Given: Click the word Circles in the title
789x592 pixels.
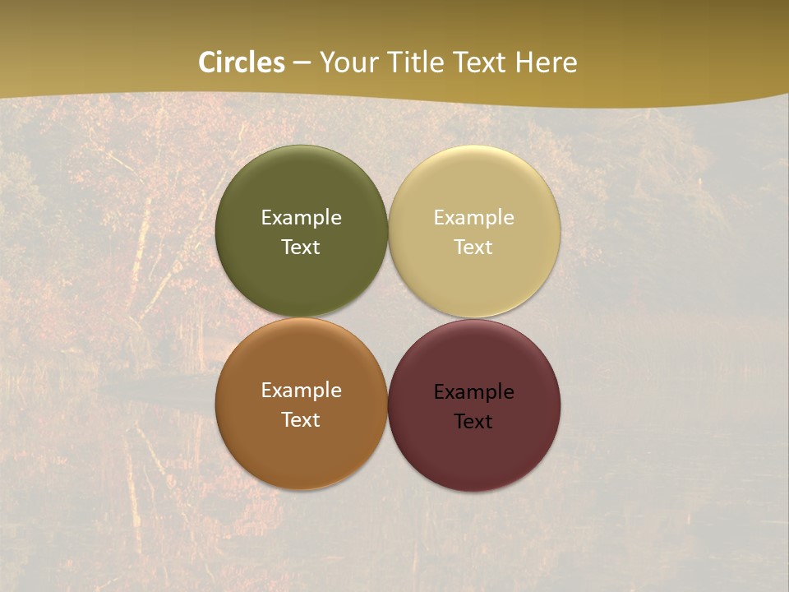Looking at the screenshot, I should click(x=242, y=62).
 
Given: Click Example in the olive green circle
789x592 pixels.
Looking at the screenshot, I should click(x=301, y=218).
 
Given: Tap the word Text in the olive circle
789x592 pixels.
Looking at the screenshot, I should click(x=301, y=247).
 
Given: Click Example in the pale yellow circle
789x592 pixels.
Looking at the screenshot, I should click(x=473, y=218).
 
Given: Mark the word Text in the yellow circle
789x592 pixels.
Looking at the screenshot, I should click(x=473, y=247).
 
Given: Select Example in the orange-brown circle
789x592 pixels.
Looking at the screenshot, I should click(x=301, y=391).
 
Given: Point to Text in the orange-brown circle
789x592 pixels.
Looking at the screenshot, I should click(x=301, y=420).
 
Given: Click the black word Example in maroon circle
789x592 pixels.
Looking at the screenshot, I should click(x=473, y=392).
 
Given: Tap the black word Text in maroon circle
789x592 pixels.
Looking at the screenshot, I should click(x=473, y=422).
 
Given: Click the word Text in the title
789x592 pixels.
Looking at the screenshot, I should click(x=482, y=62).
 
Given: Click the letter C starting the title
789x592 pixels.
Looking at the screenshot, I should click(x=207, y=62).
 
